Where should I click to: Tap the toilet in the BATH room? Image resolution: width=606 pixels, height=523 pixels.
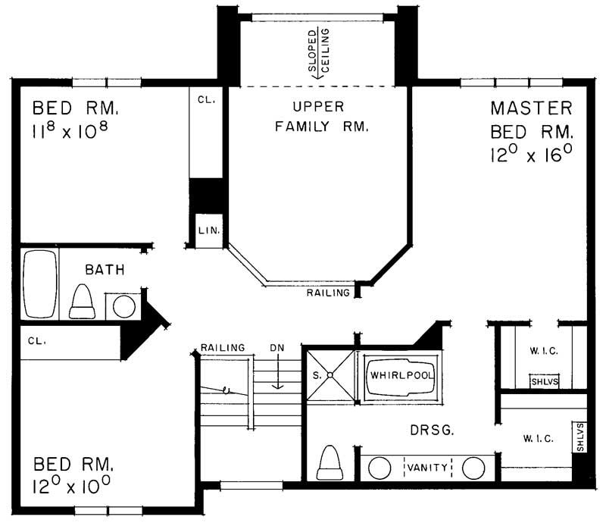click(82, 302)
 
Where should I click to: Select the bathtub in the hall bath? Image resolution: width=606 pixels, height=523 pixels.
click(39, 283)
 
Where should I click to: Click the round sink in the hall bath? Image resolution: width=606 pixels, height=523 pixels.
click(123, 307)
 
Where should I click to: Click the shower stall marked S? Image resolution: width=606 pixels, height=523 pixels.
click(330, 375)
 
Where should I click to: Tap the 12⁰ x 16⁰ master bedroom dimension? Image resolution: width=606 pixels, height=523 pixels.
click(529, 155)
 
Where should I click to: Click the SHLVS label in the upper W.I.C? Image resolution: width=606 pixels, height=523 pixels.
click(544, 382)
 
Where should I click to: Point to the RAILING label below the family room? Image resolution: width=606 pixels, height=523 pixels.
click(328, 293)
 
